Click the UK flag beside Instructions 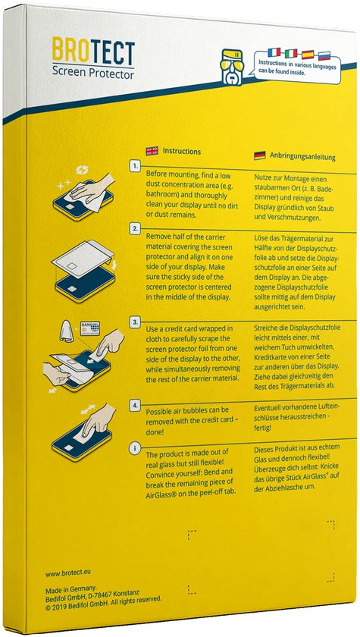pyautogui.click(x=152, y=150)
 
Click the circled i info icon pyautogui.click(x=135, y=450)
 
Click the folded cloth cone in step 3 pyautogui.click(x=65, y=331)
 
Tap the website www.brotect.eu pyautogui.click(x=72, y=575)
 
